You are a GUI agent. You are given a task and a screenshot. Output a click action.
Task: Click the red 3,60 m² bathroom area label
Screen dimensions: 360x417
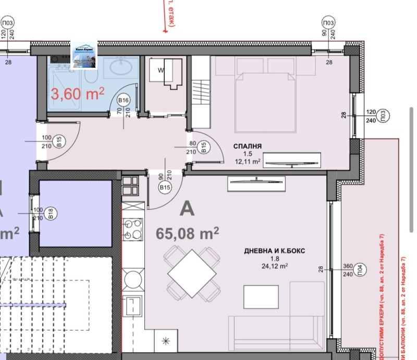pyautogui.click(x=77, y=94)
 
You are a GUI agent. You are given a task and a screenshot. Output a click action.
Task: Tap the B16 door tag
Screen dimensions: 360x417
pyautogui.click(x=124, y=100)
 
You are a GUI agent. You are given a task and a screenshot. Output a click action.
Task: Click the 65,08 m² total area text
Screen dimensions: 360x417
pyautogui.click(x=187, y=233)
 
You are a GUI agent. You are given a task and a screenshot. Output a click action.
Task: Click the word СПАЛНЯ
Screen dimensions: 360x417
pyautogui.click(x=248, y=146)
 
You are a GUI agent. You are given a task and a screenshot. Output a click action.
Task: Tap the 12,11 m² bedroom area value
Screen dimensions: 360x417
pyautogui.click(x=248, y=162)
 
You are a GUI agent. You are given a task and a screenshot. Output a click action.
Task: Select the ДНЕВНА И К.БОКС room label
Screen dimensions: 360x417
pyautogui.click(x=274, y=251)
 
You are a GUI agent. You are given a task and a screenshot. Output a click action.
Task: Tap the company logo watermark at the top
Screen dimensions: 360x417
pyautogui.click(x=83, y=56)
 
